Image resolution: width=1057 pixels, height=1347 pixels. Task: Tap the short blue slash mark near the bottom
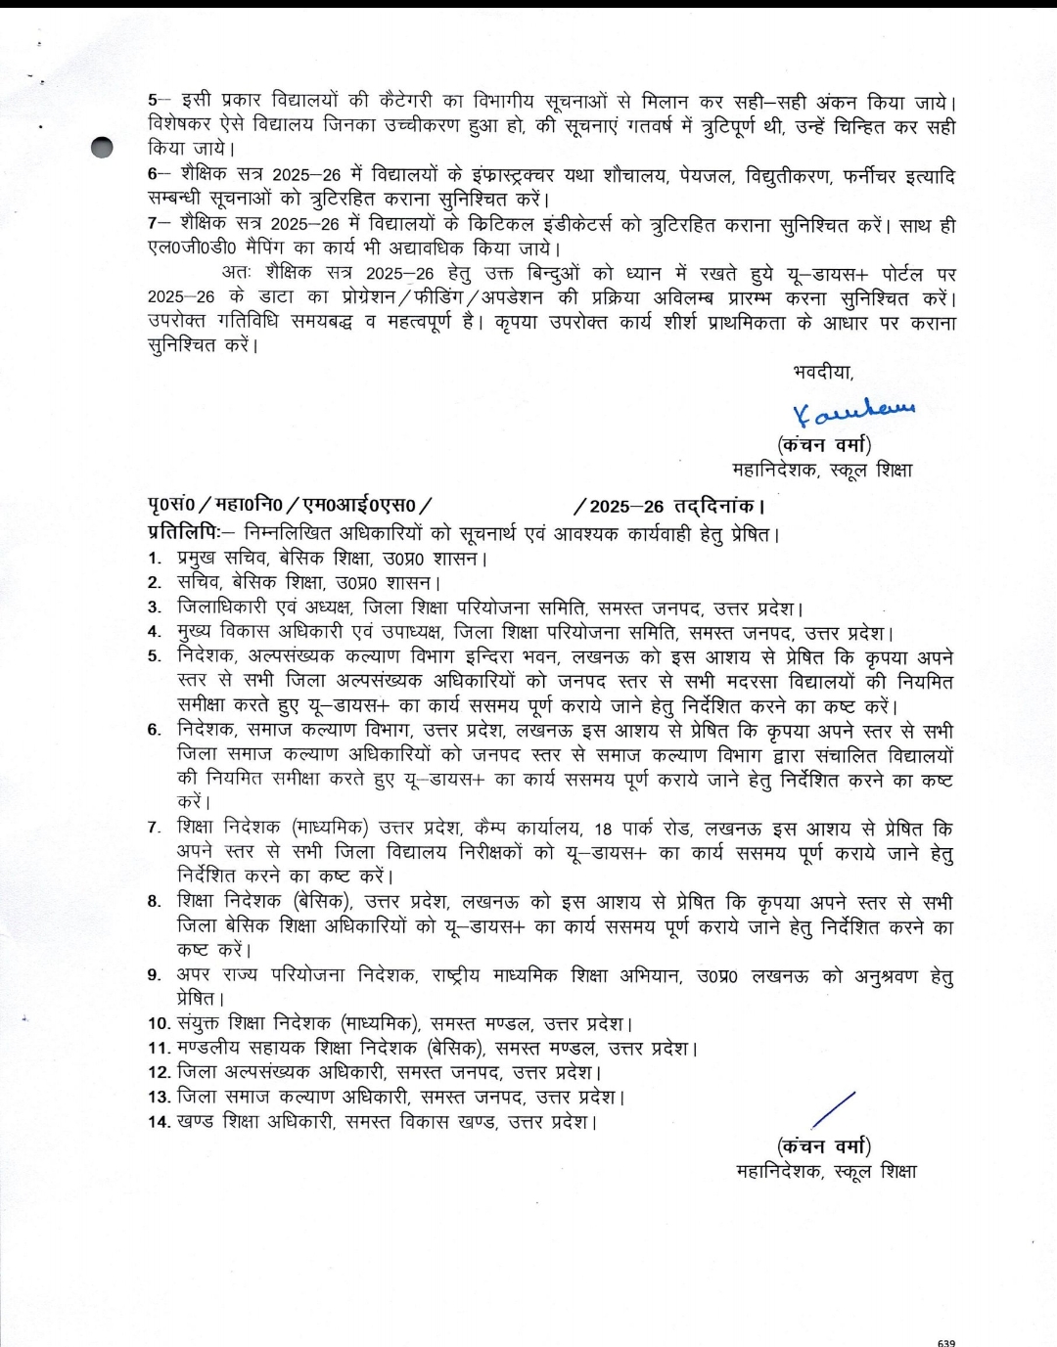click(x=834, y=1111)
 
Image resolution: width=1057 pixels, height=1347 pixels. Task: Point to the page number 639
click(x=945, y=1342)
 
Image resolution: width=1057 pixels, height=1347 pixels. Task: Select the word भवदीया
click(x=823, y=372)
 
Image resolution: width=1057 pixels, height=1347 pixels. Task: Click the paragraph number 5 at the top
click(x=153, y=102)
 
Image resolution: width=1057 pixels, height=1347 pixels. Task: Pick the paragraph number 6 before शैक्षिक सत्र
click(x=153, y=175)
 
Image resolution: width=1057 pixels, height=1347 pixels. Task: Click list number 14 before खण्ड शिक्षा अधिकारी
click(x=159, y=1122)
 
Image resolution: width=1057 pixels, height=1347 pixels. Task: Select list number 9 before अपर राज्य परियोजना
click(x=154, y=975)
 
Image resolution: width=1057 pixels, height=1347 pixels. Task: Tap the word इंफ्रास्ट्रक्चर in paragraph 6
click(x=510, y=175)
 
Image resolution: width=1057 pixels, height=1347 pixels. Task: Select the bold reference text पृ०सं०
click(x=171, y=506)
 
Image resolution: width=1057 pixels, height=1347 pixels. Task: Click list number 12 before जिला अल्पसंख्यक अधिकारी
click(x=159, y=1073)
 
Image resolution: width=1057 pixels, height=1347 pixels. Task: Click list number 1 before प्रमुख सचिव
click(x=155, y=559)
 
